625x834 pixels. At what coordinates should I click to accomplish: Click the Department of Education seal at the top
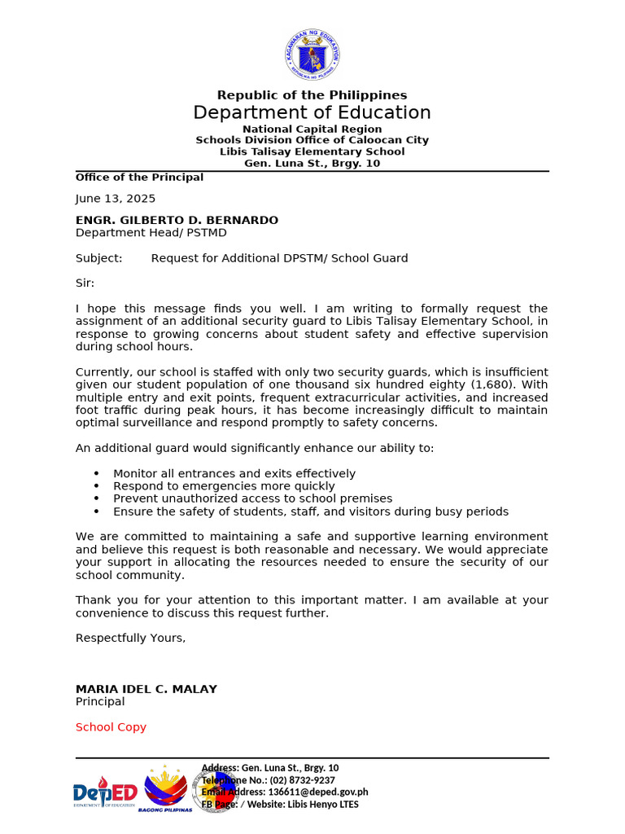pyautogui.click(x=312, y=55)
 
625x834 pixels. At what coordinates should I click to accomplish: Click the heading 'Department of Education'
pyautogui.click(x=312, y=112)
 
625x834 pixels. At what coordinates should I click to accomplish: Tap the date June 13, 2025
pyautogui.click(x=116, y=199)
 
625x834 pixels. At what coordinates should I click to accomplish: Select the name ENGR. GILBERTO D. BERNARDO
pyautogui.click(x=177, y=221)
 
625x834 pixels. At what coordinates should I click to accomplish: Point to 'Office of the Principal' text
pyautogui.click(x=139, y=178)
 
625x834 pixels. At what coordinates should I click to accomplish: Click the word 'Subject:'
pyautogui.click(x=99, y=258)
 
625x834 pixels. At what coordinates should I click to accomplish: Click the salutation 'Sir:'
pyautogui.click(x=85, y=283)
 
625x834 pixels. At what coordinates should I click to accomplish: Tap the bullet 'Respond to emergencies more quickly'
pyautogui.click(x=224, y=486)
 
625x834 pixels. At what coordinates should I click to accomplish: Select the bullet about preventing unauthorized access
pyautogui.click(x=252, y=498)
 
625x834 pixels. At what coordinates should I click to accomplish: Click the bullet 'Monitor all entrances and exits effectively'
pyautogui.click(x=234, y=474)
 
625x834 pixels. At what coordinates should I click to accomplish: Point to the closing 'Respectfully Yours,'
pyautogui.click(x=130, y=638)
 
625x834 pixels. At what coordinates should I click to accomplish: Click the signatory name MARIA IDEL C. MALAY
pyautogui.click(x=146, y=689)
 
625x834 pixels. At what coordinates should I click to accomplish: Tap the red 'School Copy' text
pyautogui.click(x=111, y=727)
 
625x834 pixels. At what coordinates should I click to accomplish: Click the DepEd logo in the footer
pyautogui.click(x=104, y=792)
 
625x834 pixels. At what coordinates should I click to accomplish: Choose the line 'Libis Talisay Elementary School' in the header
pyautogui.click(x=312, y=151)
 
